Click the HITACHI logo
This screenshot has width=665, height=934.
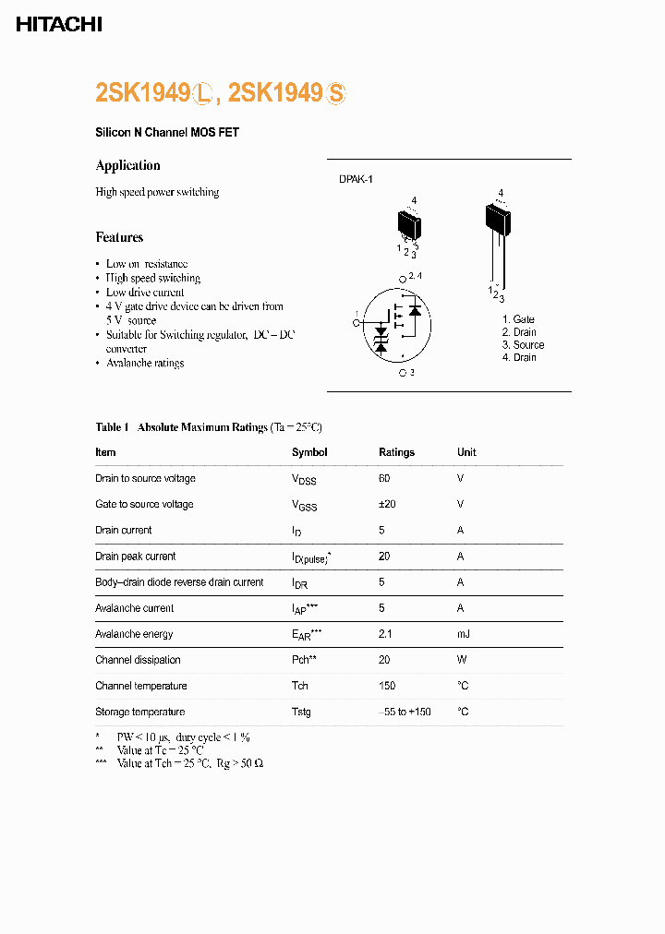coord(59,25)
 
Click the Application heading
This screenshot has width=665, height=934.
coord(127,165)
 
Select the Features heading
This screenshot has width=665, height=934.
coord(119,237)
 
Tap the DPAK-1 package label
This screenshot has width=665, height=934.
coord(355,180)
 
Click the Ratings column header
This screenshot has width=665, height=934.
coord(396,452)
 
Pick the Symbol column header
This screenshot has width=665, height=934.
coord(309,452)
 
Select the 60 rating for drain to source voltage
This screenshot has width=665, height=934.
coord(384,478)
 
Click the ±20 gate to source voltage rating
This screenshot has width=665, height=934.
coord(387,504)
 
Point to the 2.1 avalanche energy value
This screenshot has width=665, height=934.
coord(386,634)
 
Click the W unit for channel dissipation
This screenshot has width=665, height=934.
coord(461,660)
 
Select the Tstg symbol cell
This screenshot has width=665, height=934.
coord(301,712)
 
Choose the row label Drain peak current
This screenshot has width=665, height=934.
coord(135,557)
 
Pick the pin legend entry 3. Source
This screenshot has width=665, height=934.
coord(523,344)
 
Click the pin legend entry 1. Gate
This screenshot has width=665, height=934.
coord(517,319)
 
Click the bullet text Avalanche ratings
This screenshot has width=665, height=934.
coord(145,364)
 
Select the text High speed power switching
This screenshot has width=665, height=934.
coord(157,192)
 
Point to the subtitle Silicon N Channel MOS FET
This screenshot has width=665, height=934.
coord(167,133)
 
